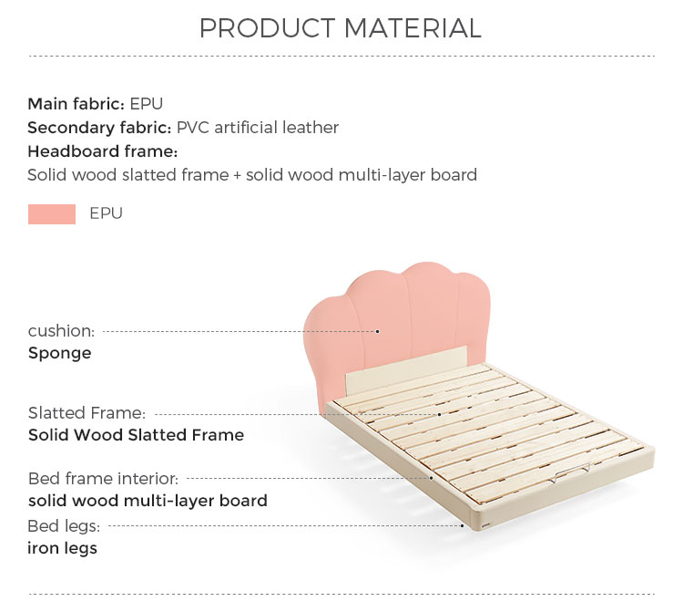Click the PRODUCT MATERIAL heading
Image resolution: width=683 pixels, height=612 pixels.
(x=341, y=28)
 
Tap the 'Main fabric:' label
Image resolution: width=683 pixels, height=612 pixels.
(x=76, y=104)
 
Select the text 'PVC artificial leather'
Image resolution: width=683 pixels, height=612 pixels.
(x=258, y=128)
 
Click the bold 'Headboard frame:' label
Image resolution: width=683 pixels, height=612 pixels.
(x=103, y=151)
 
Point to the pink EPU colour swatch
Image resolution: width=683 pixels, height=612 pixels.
(x=52, y=214)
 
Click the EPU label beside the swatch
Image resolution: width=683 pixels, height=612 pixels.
(x=106, y=213)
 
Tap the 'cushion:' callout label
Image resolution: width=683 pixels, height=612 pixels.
(x=61, y=331)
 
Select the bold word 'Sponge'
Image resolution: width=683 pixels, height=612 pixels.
(x=60, y=353)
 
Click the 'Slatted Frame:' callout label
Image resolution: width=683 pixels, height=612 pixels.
(x=87, y=412)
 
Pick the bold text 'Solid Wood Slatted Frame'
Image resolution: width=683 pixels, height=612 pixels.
(x=136, y=435)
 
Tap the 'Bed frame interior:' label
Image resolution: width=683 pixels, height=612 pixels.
(x=103, y=479)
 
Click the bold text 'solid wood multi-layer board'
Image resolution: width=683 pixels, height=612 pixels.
(x=148, y=501)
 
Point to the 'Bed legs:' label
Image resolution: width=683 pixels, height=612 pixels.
(x=64, y=526)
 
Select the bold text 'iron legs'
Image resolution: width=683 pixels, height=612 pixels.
(x=62, y=548)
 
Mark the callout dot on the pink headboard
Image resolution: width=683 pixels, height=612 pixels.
(x=378, y=331)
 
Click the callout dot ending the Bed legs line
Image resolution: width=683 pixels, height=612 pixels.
(x=462, y=526)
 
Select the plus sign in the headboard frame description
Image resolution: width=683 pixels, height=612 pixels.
(x=237, y=175)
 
